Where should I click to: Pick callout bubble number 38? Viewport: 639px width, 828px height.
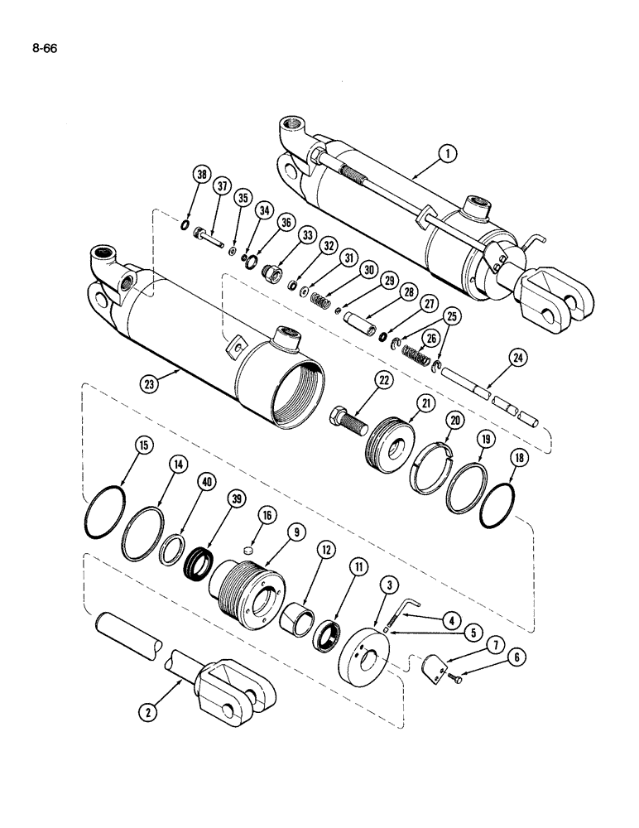[x=201, y=175]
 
